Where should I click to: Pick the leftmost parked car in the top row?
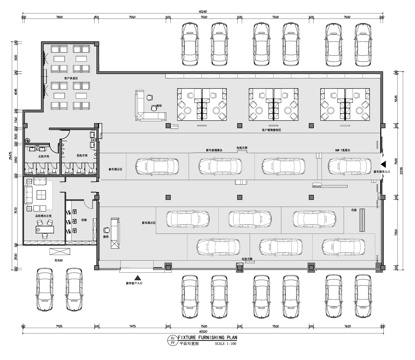[190, 45]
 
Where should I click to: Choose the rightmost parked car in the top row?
[360, 45]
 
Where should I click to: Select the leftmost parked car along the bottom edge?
[43, 290]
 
